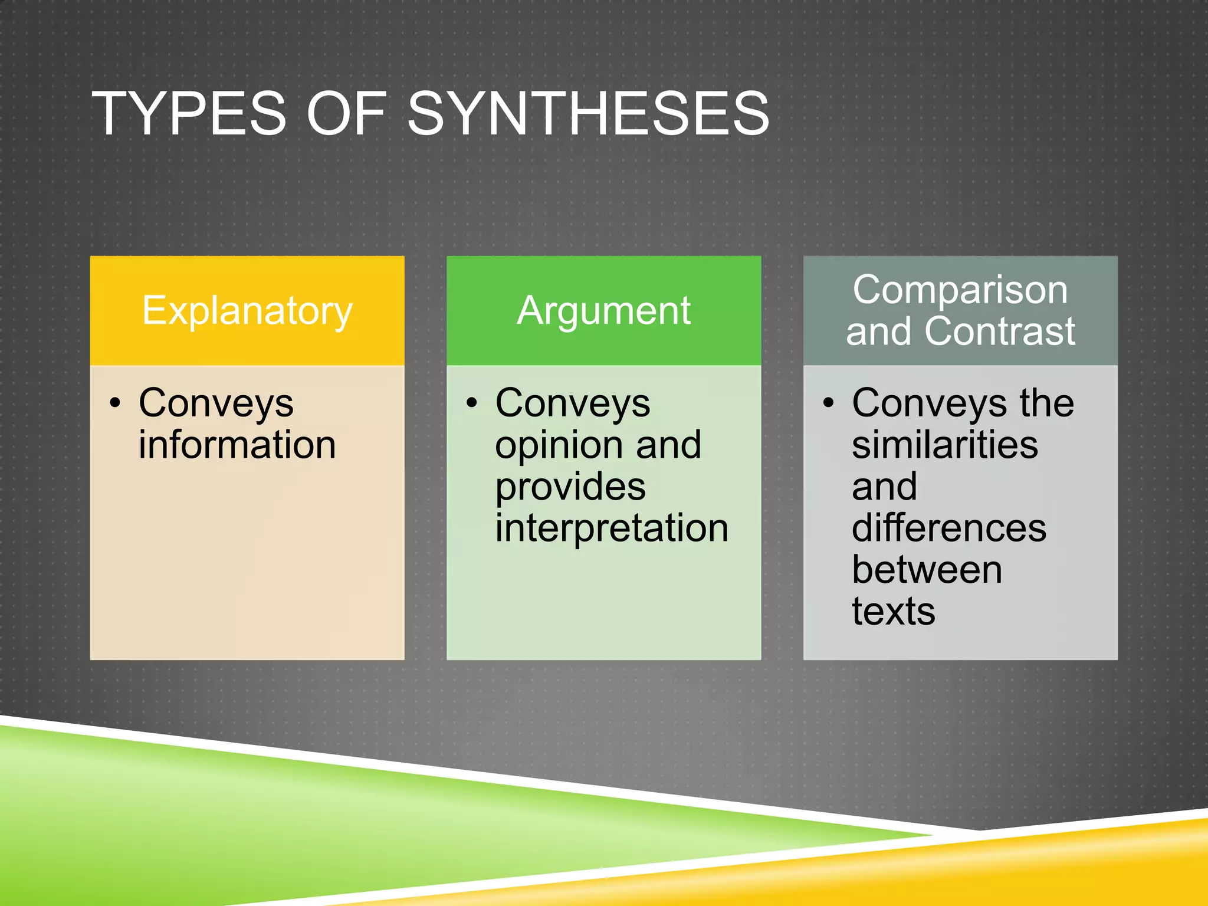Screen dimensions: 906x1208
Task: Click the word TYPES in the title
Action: [x=189, y=113]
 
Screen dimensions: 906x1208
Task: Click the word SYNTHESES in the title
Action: [x=588, y=113]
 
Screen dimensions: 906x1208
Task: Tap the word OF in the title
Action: [x=346, y=113]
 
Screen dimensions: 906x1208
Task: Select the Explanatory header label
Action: [x=247, y=311]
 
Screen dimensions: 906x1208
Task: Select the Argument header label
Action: [x=603, y=311]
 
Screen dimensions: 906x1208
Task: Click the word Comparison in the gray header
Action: [x=960, y=290]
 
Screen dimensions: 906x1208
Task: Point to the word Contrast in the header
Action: [x=1000, y=331]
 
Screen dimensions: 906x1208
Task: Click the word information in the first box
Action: [x=237, y=445]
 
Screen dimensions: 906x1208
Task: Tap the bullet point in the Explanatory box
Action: [x=115, y=403]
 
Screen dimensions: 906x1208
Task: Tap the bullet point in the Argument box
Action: [x=471, y=403]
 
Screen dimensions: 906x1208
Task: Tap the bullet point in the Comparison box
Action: [x=828, y=403]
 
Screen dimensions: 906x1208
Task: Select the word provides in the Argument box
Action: [x=570, y=487]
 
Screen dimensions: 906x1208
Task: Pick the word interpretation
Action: [x=612, y=528]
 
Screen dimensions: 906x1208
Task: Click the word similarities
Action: [x=944, y=445]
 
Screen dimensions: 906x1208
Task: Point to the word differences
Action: [x=949, y=528]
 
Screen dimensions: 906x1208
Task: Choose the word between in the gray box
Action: [x=927, y=570]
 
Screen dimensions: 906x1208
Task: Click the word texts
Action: [x=893, y=611]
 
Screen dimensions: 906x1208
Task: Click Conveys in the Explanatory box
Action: [x=216, y=405]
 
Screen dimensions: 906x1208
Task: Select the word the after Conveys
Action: [x=1047, y=403]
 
